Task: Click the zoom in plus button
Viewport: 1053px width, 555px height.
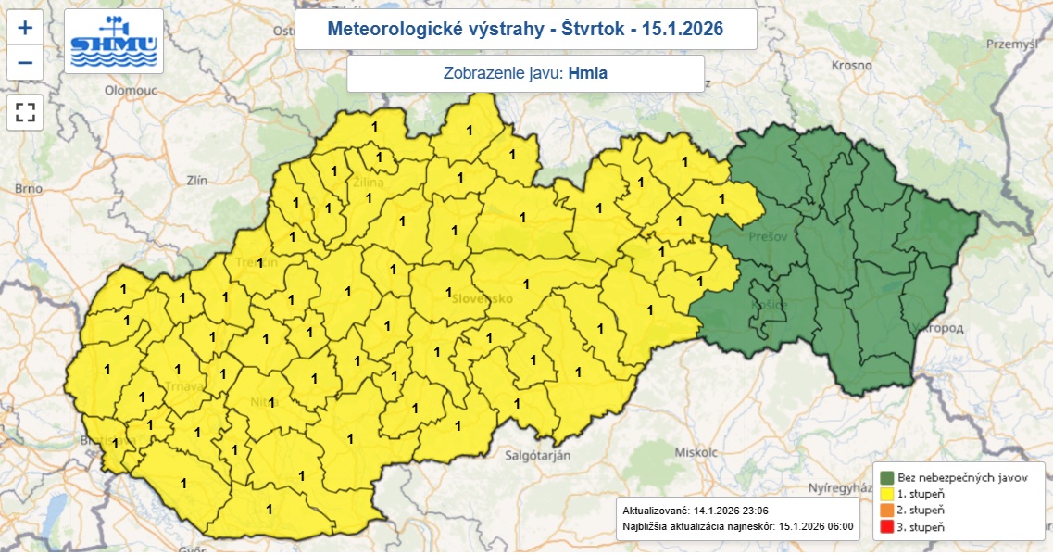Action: pos(25,28)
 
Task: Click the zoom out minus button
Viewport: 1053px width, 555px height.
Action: pos(25,63)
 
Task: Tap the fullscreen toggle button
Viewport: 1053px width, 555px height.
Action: pos(25,113)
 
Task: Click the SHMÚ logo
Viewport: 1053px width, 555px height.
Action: pos(114,42)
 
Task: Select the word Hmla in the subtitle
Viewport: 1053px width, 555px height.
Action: pos(588,73)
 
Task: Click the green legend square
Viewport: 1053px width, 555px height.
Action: pos(887,477)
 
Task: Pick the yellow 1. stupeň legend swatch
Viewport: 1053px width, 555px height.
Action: pos(887,494)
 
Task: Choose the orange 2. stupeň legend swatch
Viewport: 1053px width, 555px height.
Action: pos(887,511)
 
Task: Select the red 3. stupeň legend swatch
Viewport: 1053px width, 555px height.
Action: pos(887,527)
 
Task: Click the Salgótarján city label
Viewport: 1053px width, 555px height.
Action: pos(537,455)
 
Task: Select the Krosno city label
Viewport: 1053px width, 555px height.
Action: pos(851,66)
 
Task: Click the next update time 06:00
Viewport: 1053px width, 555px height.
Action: pos(834,527)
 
